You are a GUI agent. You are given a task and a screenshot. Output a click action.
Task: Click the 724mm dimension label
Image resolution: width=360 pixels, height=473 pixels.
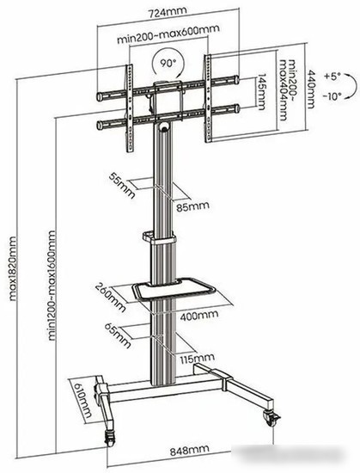168,11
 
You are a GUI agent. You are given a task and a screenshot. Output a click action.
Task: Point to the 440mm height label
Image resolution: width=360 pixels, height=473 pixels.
310,89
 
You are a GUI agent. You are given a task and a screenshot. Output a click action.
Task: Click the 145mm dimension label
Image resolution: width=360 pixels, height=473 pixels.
261,92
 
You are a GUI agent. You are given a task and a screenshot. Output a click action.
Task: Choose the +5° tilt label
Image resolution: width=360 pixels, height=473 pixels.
333,76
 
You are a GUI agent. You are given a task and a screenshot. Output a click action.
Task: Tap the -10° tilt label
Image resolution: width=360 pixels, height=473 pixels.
333,96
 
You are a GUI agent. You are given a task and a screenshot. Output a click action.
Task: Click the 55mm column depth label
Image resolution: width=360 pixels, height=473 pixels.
122,186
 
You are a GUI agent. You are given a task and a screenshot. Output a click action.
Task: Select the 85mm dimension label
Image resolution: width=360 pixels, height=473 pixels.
192,206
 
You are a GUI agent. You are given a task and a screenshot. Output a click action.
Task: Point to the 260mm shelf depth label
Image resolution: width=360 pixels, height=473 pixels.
110,298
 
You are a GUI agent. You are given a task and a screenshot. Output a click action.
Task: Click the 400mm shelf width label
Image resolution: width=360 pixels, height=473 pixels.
199,315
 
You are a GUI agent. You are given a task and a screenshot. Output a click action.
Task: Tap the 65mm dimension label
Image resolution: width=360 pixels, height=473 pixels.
118,335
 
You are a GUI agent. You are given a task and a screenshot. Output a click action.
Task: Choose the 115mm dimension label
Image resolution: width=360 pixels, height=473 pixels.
198,358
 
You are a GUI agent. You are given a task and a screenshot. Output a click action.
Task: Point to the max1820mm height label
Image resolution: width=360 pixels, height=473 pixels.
12,269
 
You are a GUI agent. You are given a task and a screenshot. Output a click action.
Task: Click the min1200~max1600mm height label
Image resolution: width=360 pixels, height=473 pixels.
52,286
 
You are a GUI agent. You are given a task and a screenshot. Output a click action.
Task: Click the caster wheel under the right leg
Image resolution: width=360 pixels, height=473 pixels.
272,418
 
